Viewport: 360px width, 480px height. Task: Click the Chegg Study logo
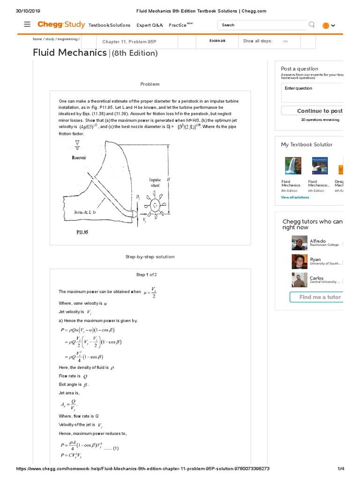60,24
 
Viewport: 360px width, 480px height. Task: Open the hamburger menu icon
27,24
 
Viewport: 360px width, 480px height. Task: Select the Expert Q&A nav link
150,25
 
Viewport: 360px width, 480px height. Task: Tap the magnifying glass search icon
312,25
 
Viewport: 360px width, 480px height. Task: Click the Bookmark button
217,41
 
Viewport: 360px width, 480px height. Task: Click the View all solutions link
295,197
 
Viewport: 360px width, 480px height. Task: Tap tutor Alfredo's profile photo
300,243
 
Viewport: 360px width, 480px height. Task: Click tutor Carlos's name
316,278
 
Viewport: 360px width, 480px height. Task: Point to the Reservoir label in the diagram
79,158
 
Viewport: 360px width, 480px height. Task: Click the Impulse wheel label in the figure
155,182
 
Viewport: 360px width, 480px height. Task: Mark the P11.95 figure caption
82,232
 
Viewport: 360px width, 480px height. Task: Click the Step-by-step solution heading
150,257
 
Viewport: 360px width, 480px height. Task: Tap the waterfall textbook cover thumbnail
293,166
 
